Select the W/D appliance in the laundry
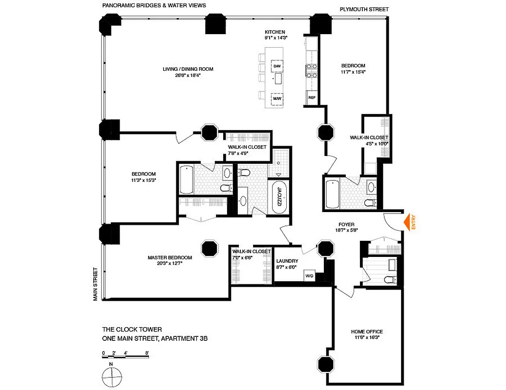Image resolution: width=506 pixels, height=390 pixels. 309,275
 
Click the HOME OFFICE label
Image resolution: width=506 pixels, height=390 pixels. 366,332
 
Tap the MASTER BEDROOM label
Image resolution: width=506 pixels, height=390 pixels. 170,257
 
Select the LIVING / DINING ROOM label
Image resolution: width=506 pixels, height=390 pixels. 188,69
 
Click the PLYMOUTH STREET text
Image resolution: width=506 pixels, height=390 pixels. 364,9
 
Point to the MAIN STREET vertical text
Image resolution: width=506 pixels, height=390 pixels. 96,284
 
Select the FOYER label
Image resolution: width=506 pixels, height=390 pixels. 346,224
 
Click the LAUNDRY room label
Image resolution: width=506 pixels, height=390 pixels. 287,261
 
